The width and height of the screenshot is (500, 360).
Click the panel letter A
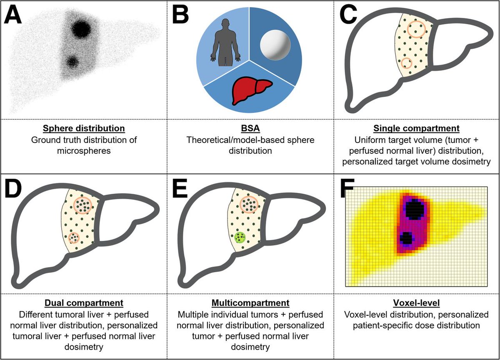tap(13, 15)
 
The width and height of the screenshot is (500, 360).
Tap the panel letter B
tap(180, 15)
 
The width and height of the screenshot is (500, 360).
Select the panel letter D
tap(13, 189)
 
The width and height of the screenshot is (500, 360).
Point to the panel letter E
tap(180, 189)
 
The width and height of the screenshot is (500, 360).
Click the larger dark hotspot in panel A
tap(81, 29)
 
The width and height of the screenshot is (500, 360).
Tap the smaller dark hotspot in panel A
tap(72, 61)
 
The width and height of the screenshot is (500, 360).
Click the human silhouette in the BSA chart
tap(225, 42)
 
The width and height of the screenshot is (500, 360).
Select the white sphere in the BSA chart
tap(275, 45)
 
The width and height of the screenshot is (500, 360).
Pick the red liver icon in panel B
tap(252, 90)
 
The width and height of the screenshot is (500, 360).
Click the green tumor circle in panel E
tap(240, 237)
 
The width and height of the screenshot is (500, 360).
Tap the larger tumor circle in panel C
tap(416, 29)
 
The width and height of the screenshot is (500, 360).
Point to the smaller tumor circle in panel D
tap(74, 237)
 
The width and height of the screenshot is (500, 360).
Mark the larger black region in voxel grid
tap(415, 210)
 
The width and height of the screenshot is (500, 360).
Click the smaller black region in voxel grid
tap(406, 238)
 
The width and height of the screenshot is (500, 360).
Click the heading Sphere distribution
tap(84, 128)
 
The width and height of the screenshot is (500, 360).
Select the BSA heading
tap(250, 128)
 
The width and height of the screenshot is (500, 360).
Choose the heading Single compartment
tap(417, 128)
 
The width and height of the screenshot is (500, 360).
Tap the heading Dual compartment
tap(84, 303)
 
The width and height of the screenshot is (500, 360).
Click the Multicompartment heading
tap(250, 303)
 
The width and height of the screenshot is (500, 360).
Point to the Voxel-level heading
tap(417, 303)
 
